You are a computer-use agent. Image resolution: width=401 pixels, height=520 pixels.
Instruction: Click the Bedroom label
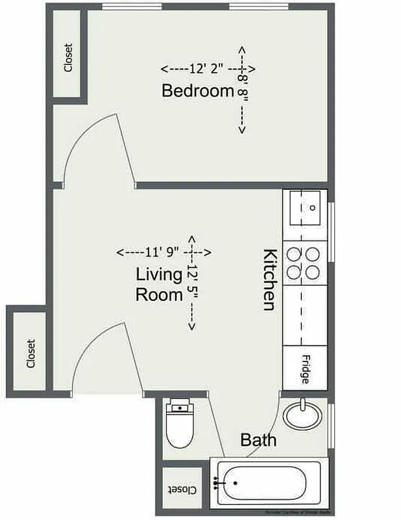pyautogui.click(x=197, y=91)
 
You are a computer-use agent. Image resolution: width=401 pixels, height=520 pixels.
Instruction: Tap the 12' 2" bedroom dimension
pyautogui.click(x=197, y=68)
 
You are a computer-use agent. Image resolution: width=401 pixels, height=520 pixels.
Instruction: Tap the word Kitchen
pyautogui.click(x=270, y=279)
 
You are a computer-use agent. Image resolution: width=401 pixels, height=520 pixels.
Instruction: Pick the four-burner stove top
pyautogui.click(x=305, y=263)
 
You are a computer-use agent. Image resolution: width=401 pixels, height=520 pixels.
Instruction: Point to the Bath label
pyautogui.click(x=258, y=440)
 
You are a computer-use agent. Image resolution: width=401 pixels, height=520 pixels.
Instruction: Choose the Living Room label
pyautogui.click(x=159, y=284)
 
